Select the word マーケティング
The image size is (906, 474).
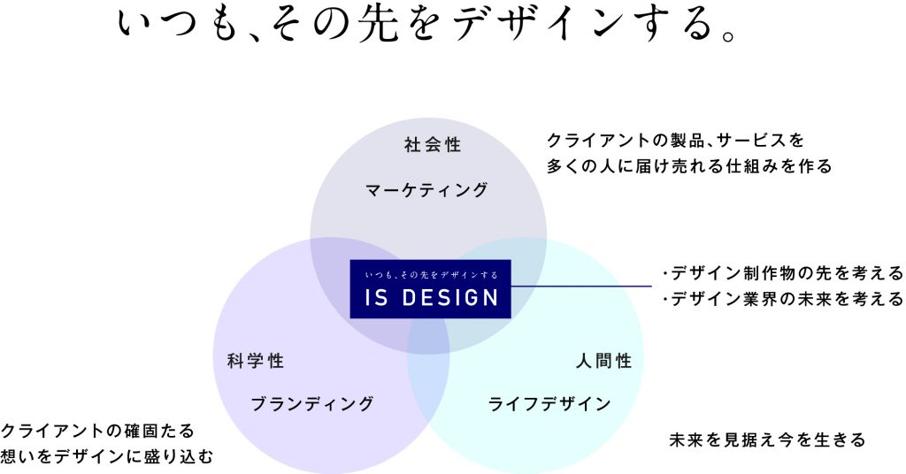[x=426, y=189]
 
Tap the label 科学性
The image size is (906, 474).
[x=256, y=361]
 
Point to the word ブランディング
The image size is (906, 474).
[x=312, y=404]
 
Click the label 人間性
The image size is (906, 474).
[x=604, y=361]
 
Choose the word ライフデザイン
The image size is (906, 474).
[x=549, y=404]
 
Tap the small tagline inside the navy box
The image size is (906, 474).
[x=431, y=275]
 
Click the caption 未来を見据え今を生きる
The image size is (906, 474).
[x=767, y=440]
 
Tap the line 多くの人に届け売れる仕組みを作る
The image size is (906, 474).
[x=689, y=166]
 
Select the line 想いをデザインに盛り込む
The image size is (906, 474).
[x=107, y=456]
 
